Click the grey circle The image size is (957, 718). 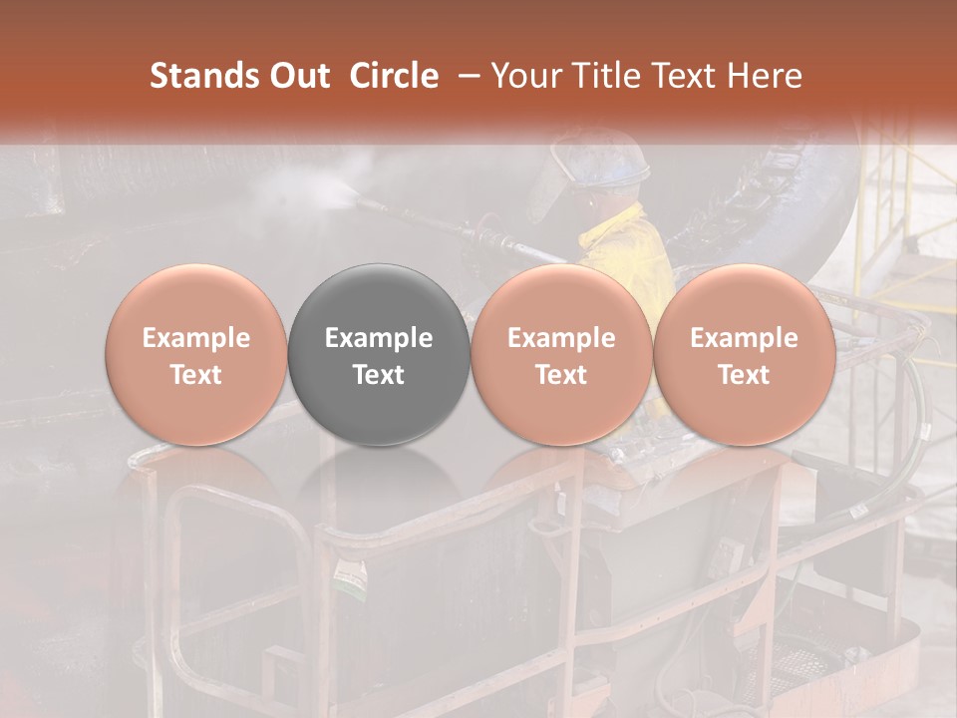(x=379, y=354)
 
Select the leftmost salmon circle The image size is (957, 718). (x=195, y=354)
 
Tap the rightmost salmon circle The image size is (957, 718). (x=744, y=354)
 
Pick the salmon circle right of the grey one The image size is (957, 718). (x=561, y=354)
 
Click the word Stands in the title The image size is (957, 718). (x=203, y=76)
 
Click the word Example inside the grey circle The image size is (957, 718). (x=379, y=338)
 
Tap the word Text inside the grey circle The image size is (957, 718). (x=379, y=375)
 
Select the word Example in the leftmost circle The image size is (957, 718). (x=195, y=338)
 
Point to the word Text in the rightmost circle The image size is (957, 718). (x=744, y=375)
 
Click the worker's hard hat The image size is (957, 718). (x=614, y=160)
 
